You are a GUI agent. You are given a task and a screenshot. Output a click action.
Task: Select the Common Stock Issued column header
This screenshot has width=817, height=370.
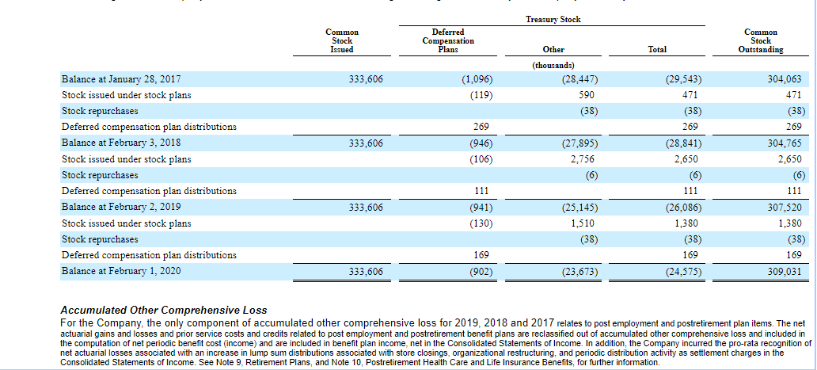click(342, 40)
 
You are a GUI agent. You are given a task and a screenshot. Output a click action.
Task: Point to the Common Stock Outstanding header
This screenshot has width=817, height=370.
click(761, 40)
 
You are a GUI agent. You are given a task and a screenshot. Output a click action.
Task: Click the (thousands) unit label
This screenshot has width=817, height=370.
click(553, 65)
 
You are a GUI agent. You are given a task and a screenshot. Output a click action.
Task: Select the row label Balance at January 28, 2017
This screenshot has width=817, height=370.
click(116, 79)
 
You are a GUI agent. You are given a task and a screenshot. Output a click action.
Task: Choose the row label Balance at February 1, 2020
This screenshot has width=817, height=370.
click(115, 271)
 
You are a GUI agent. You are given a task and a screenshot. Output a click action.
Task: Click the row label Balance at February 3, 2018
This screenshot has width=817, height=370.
click(115, 143)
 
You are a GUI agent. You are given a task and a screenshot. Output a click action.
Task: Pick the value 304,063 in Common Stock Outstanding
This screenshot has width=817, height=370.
click(785, 79)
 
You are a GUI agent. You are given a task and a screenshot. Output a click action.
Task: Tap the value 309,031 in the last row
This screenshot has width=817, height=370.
click(785, 271)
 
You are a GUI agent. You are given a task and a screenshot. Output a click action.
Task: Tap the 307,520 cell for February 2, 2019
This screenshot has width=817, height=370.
click(785, 208)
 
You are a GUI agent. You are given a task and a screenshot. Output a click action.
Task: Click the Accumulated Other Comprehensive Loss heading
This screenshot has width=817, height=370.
click(164, 310)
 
